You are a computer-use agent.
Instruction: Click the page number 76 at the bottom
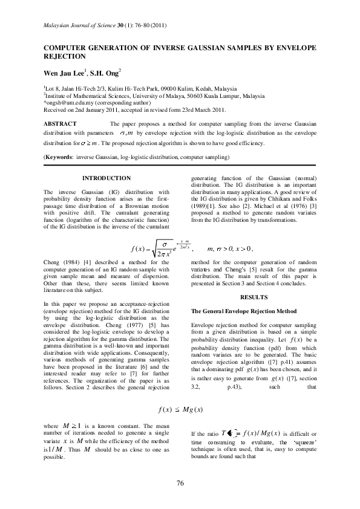pos(180,482)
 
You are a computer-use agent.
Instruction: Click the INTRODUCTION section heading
pos(106,178)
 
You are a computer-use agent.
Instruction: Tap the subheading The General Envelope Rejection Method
pos(244,311)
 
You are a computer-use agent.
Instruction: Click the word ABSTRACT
pos(59,123)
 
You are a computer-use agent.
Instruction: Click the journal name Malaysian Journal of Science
pos(82,25)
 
